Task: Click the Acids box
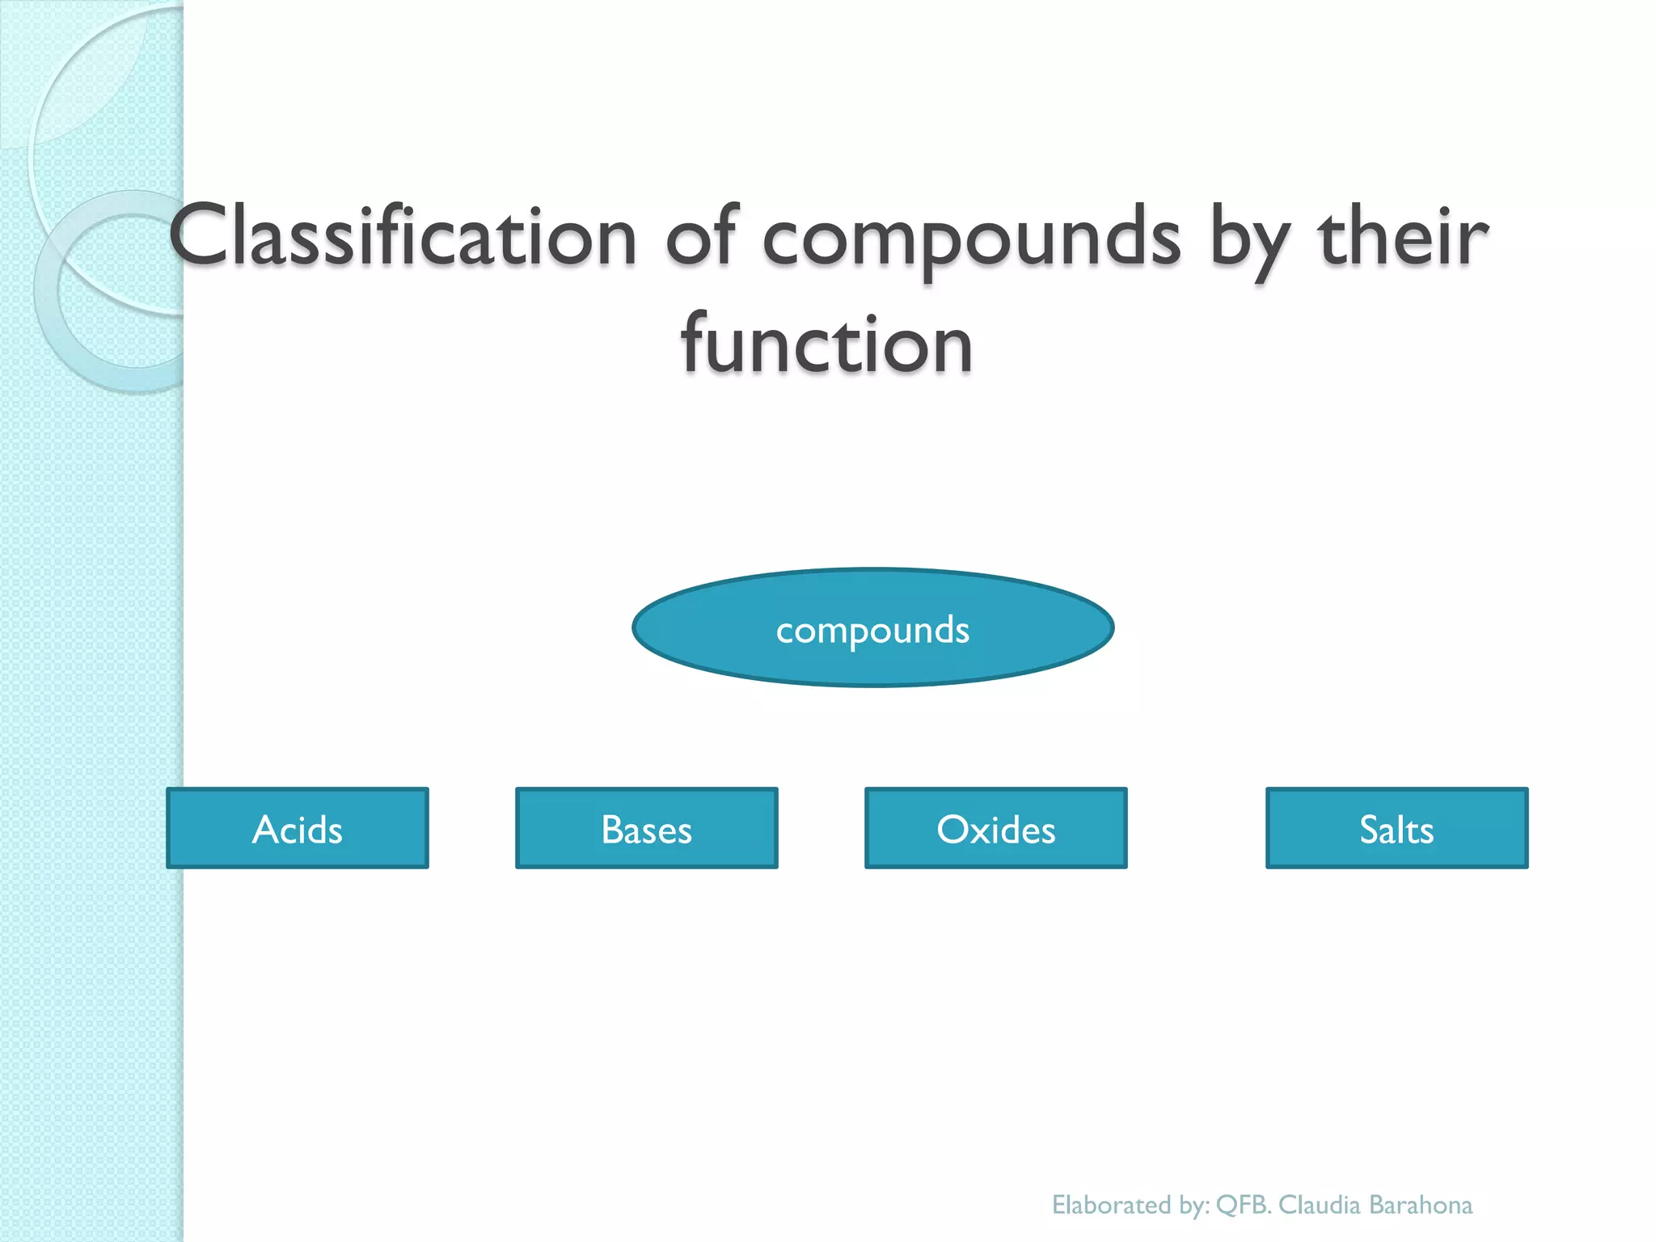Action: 297,827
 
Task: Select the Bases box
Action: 646,827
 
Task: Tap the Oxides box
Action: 995,827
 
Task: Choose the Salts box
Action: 1396,827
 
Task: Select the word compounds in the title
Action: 970,239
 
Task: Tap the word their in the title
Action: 1403,236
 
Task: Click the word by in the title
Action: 1249,239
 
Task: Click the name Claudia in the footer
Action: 1319,1205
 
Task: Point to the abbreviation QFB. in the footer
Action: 1244,1205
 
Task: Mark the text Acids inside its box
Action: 297,830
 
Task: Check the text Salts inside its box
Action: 1396,830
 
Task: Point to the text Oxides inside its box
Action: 995,830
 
